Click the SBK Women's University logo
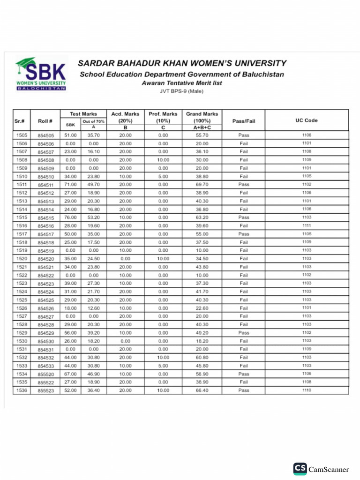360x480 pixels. pyautogui.click(x=41, y=75)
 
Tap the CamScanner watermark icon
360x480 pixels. pyautogui.click(x=300, y=469)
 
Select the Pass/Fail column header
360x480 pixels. pyautogui.click(x=243, y=120)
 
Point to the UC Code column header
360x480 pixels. pyautogui.click(x=307, y=120)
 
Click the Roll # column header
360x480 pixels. pyautogui.click(x=45, y=120)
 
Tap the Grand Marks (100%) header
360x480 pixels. pyautogui.click(x=202, y=117)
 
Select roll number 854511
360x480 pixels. pyautogui.click(x=46, y=185)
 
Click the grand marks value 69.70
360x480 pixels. pyautogui.click(x=202, y=185)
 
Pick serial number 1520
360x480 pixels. pyautogui.click(x=22, y=259)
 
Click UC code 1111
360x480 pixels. pyautogui.click(x=307, y=225)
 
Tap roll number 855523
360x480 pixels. pyautogui.click(x=46, y=390)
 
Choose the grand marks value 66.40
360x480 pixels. pyautogui.click(x=202, y=390)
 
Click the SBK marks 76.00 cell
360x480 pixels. pyautogui.click(x=70, y=217)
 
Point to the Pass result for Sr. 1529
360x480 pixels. pyautogui.click(x=243, y=333)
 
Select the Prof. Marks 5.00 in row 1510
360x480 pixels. pyautogui.click(x=163, y=176)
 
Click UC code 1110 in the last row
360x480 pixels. pyautogui.click(x=307, y=390)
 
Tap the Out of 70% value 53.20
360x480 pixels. pyautogui.click(x=93, y=217)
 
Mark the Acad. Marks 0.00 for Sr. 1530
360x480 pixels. pyautogui.click(x=125, y=341)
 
